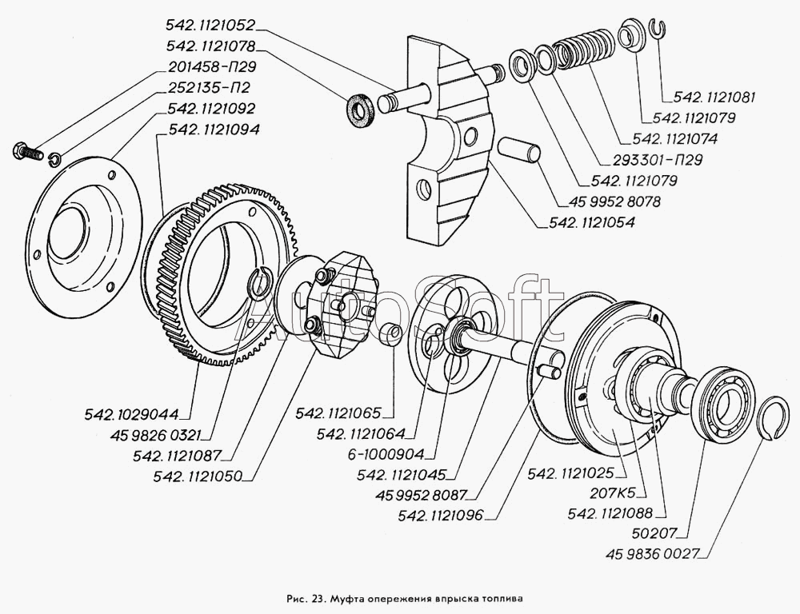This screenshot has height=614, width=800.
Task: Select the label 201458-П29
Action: click(211, 68)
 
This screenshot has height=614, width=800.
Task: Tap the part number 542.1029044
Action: click(133, 414)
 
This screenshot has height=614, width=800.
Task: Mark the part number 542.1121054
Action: click(593, 223)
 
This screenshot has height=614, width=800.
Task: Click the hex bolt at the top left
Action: click(29, 150)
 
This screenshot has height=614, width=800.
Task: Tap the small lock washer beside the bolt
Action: click(54, 156)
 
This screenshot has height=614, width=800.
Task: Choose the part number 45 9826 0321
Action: click(154, 436)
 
